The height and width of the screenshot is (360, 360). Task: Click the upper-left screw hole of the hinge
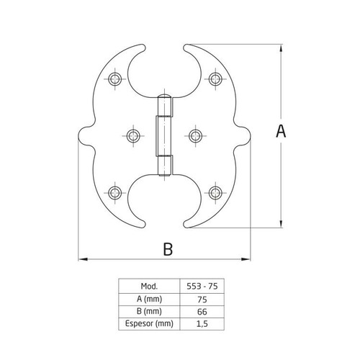114,78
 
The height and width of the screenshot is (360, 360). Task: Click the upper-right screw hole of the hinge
215,78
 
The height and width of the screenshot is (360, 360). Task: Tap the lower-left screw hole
114,193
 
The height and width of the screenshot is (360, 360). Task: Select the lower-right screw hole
215,193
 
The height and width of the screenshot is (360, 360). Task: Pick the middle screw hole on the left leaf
133,136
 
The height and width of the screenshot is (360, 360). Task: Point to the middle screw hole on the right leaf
195,136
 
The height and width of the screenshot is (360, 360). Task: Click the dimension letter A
281,131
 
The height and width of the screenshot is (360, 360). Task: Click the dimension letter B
168,249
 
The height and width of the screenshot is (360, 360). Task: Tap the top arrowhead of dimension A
281,48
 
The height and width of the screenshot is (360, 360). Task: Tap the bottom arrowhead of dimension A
281,223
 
